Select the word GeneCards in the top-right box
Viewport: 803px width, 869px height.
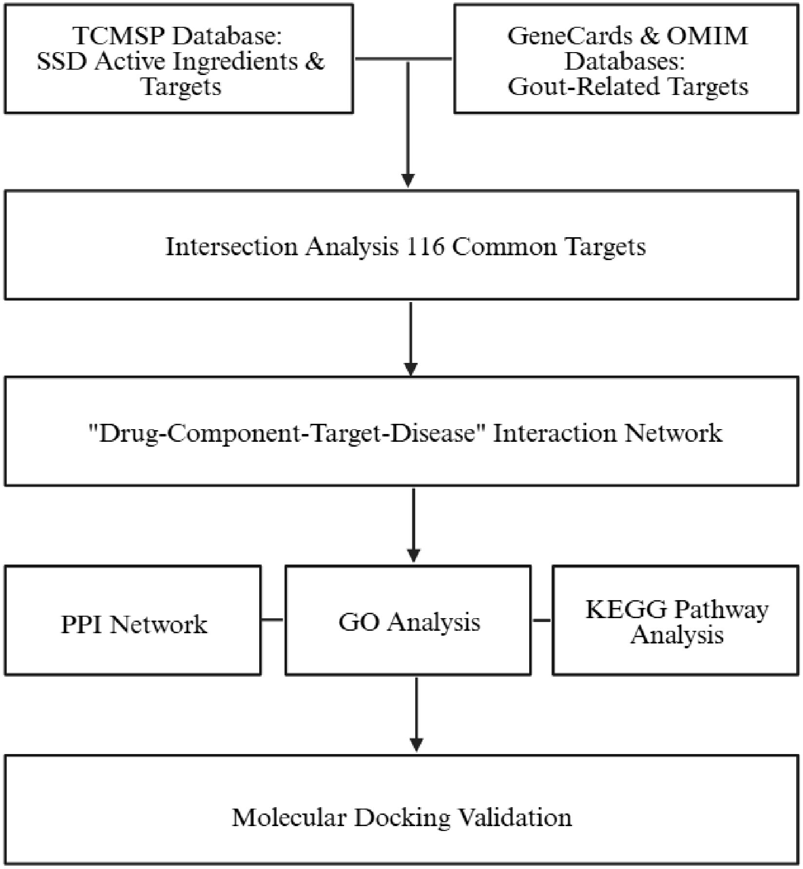point(569,36)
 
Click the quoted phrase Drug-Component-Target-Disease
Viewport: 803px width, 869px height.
point(287,433)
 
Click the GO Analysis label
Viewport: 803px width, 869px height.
point(409,622)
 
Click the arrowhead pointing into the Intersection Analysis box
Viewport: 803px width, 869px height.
point(408,181)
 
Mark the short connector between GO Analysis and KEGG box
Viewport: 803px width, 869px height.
point(542,620)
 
